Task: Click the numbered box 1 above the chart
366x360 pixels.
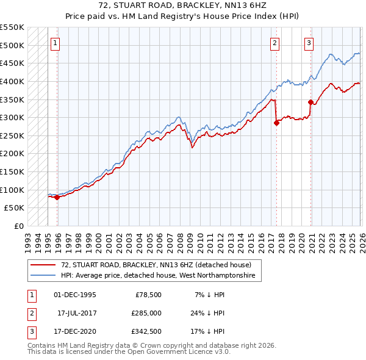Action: click(56, 43)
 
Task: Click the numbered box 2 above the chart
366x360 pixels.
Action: click(275, 43)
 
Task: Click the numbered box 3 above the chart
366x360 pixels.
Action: click(309, 43)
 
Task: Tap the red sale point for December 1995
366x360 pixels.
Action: click(57, 197)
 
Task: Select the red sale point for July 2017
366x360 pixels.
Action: click(276, 123)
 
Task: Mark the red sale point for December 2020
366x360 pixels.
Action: click(310, 102)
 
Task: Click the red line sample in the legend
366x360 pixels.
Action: click(44, 265)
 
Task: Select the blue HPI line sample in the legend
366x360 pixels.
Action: click(44, 276)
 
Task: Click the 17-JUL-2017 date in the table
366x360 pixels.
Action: click(76, 314)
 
